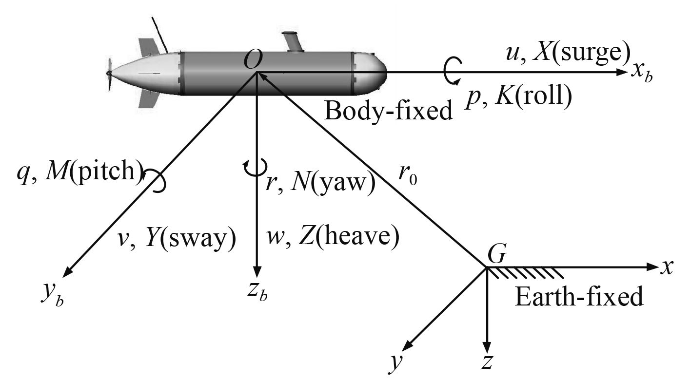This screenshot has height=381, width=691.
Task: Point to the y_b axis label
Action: coord(53,294)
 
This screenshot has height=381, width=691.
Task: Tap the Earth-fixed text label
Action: coord(579,296)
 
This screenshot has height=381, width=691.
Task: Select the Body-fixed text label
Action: coord(388,112)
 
